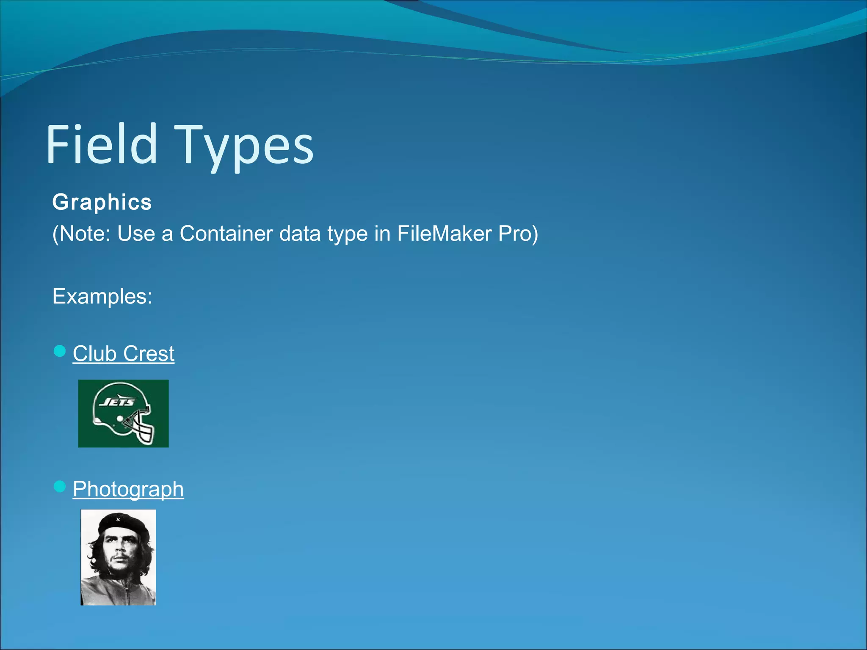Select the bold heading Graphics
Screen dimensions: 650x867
pos(102,202)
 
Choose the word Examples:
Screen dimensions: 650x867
pos(102,296)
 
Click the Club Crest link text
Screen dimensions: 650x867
pos(123,353)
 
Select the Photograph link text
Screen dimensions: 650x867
pos(128,489)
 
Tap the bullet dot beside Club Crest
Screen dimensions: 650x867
pos(60,351)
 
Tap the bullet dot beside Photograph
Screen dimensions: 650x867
pos(60,487)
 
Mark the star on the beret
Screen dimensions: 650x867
pos(118,519)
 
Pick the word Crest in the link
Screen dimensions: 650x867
pos(149,353)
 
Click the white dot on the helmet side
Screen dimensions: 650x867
pos(120,419)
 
